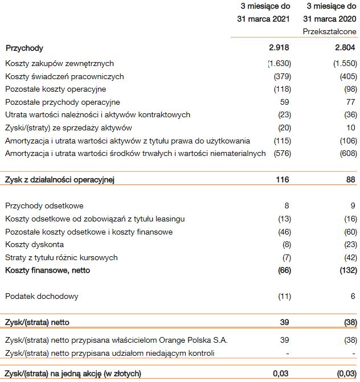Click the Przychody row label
24,48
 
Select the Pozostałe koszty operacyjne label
55,89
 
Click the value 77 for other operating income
351,102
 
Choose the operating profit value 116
282,180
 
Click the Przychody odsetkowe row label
44,206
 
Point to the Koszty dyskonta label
34,244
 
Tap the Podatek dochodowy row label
42,296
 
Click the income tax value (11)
283,296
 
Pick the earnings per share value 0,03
282,373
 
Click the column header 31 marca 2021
264,18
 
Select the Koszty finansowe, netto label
47,270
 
